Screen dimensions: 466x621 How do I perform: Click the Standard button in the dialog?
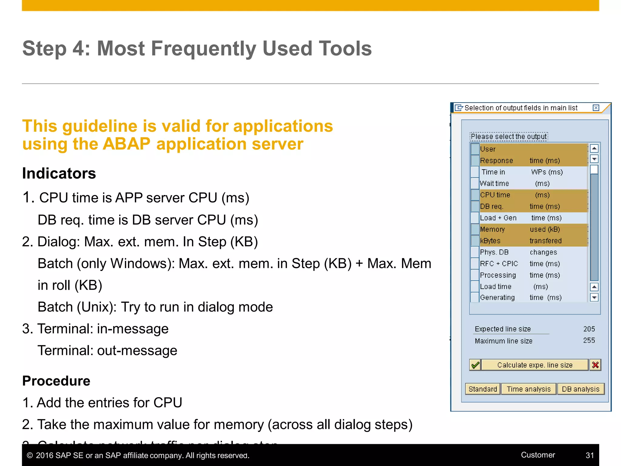(x=482, y=389)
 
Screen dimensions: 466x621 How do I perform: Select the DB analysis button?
(x=580, y=389)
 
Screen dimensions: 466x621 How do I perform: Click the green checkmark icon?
(x=475, y=365)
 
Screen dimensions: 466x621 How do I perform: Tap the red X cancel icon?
(x=595, y=365)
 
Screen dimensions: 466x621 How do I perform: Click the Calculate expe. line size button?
(x=535, y=365)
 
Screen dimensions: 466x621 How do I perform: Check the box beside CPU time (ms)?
(x=475, y=195)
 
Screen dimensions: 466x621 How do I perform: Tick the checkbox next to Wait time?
(x=475, y=183)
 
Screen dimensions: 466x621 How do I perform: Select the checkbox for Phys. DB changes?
(x=475, y=252)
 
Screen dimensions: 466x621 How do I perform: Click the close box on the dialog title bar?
(x=596, y=108)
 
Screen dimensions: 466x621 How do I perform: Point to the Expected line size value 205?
(x=589, y=329)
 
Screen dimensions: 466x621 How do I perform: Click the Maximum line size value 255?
(x=589, y=340)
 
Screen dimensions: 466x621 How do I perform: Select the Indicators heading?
(x=59, y=174)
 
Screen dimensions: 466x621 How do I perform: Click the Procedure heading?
(x=56, y=381)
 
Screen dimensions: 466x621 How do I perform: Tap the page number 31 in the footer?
(x=590, y=455)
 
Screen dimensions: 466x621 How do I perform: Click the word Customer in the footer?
(x=538, y=455)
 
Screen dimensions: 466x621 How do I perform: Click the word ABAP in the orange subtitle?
(x=126, y=144)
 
